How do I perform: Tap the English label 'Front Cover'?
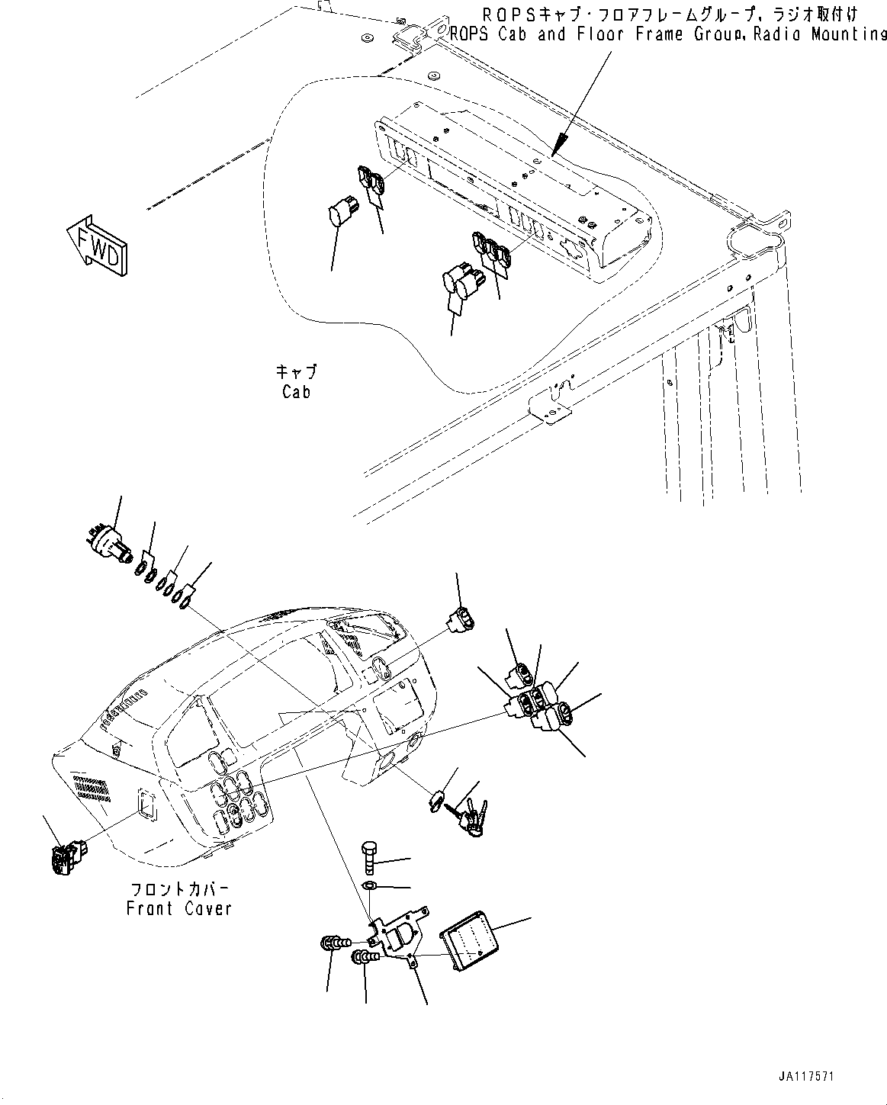178,909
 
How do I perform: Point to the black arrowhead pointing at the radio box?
561,142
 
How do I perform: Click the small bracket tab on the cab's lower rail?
551,401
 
